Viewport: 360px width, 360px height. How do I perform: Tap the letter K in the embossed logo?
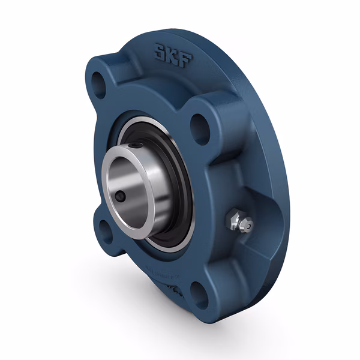coord(173,53)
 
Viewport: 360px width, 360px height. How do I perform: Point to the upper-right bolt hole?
coord(200,127)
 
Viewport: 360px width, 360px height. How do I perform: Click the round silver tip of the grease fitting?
coord(247,225)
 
